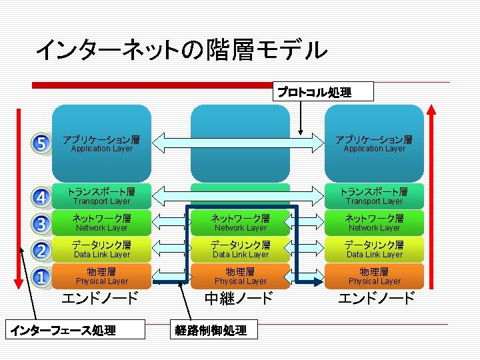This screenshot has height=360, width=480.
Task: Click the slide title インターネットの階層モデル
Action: coord(181,49)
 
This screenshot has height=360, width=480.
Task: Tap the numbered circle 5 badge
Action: coord(41,143)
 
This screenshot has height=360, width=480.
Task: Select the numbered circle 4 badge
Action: coord(41,197)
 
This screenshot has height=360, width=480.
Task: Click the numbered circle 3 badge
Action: coord(41,223)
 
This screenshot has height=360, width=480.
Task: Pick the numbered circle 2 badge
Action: coord(41,250)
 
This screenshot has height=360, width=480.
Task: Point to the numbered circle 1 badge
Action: coord(41,276)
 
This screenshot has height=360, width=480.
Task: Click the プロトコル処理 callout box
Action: coord(323,92)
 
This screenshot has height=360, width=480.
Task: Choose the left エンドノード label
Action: coord(100,298)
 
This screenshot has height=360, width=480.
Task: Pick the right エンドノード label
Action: coord(375,298)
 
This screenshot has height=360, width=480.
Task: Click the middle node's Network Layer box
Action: coord(241,223)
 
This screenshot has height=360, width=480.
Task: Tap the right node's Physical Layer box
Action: coord(374,276)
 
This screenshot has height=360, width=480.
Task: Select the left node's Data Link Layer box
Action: coord(102,249)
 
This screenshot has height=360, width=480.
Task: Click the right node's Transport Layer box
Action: coord(374,196)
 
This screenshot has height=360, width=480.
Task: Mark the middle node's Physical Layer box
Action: coord(241,276)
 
